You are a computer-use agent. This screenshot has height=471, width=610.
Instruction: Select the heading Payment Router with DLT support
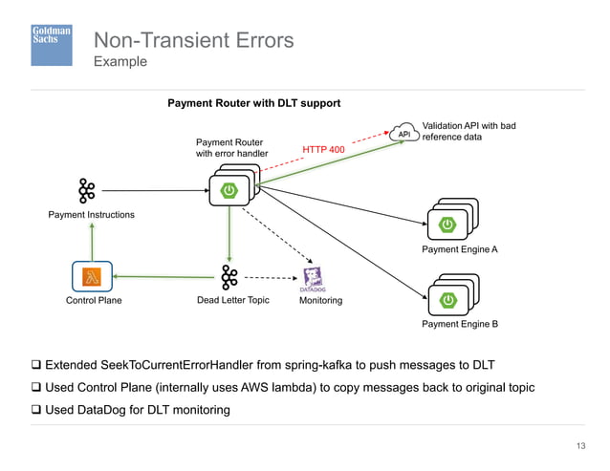[x=254, y=103]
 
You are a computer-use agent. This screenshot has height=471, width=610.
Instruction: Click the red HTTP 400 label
[x=323, y=150]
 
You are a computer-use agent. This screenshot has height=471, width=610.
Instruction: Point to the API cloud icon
[x=404, y=135]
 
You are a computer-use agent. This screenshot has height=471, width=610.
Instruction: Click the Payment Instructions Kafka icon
[x=87, y=190]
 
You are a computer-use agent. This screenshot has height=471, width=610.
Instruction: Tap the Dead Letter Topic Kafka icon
[x=229, y=277]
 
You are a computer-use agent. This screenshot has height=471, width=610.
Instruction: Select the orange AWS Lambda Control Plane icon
[x=92, y=277]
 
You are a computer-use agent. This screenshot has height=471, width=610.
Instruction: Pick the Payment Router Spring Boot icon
[x=229, y=190]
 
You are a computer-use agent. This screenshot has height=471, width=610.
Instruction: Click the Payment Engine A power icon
[x=447, y=225]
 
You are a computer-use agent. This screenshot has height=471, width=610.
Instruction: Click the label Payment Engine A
[x=460, y=249]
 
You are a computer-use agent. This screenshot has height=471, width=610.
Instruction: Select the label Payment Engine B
[x=460, y=325]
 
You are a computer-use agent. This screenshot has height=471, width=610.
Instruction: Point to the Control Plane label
[x=93, y=301]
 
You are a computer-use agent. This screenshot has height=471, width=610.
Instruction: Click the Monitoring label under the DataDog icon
[x=320, y=301]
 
